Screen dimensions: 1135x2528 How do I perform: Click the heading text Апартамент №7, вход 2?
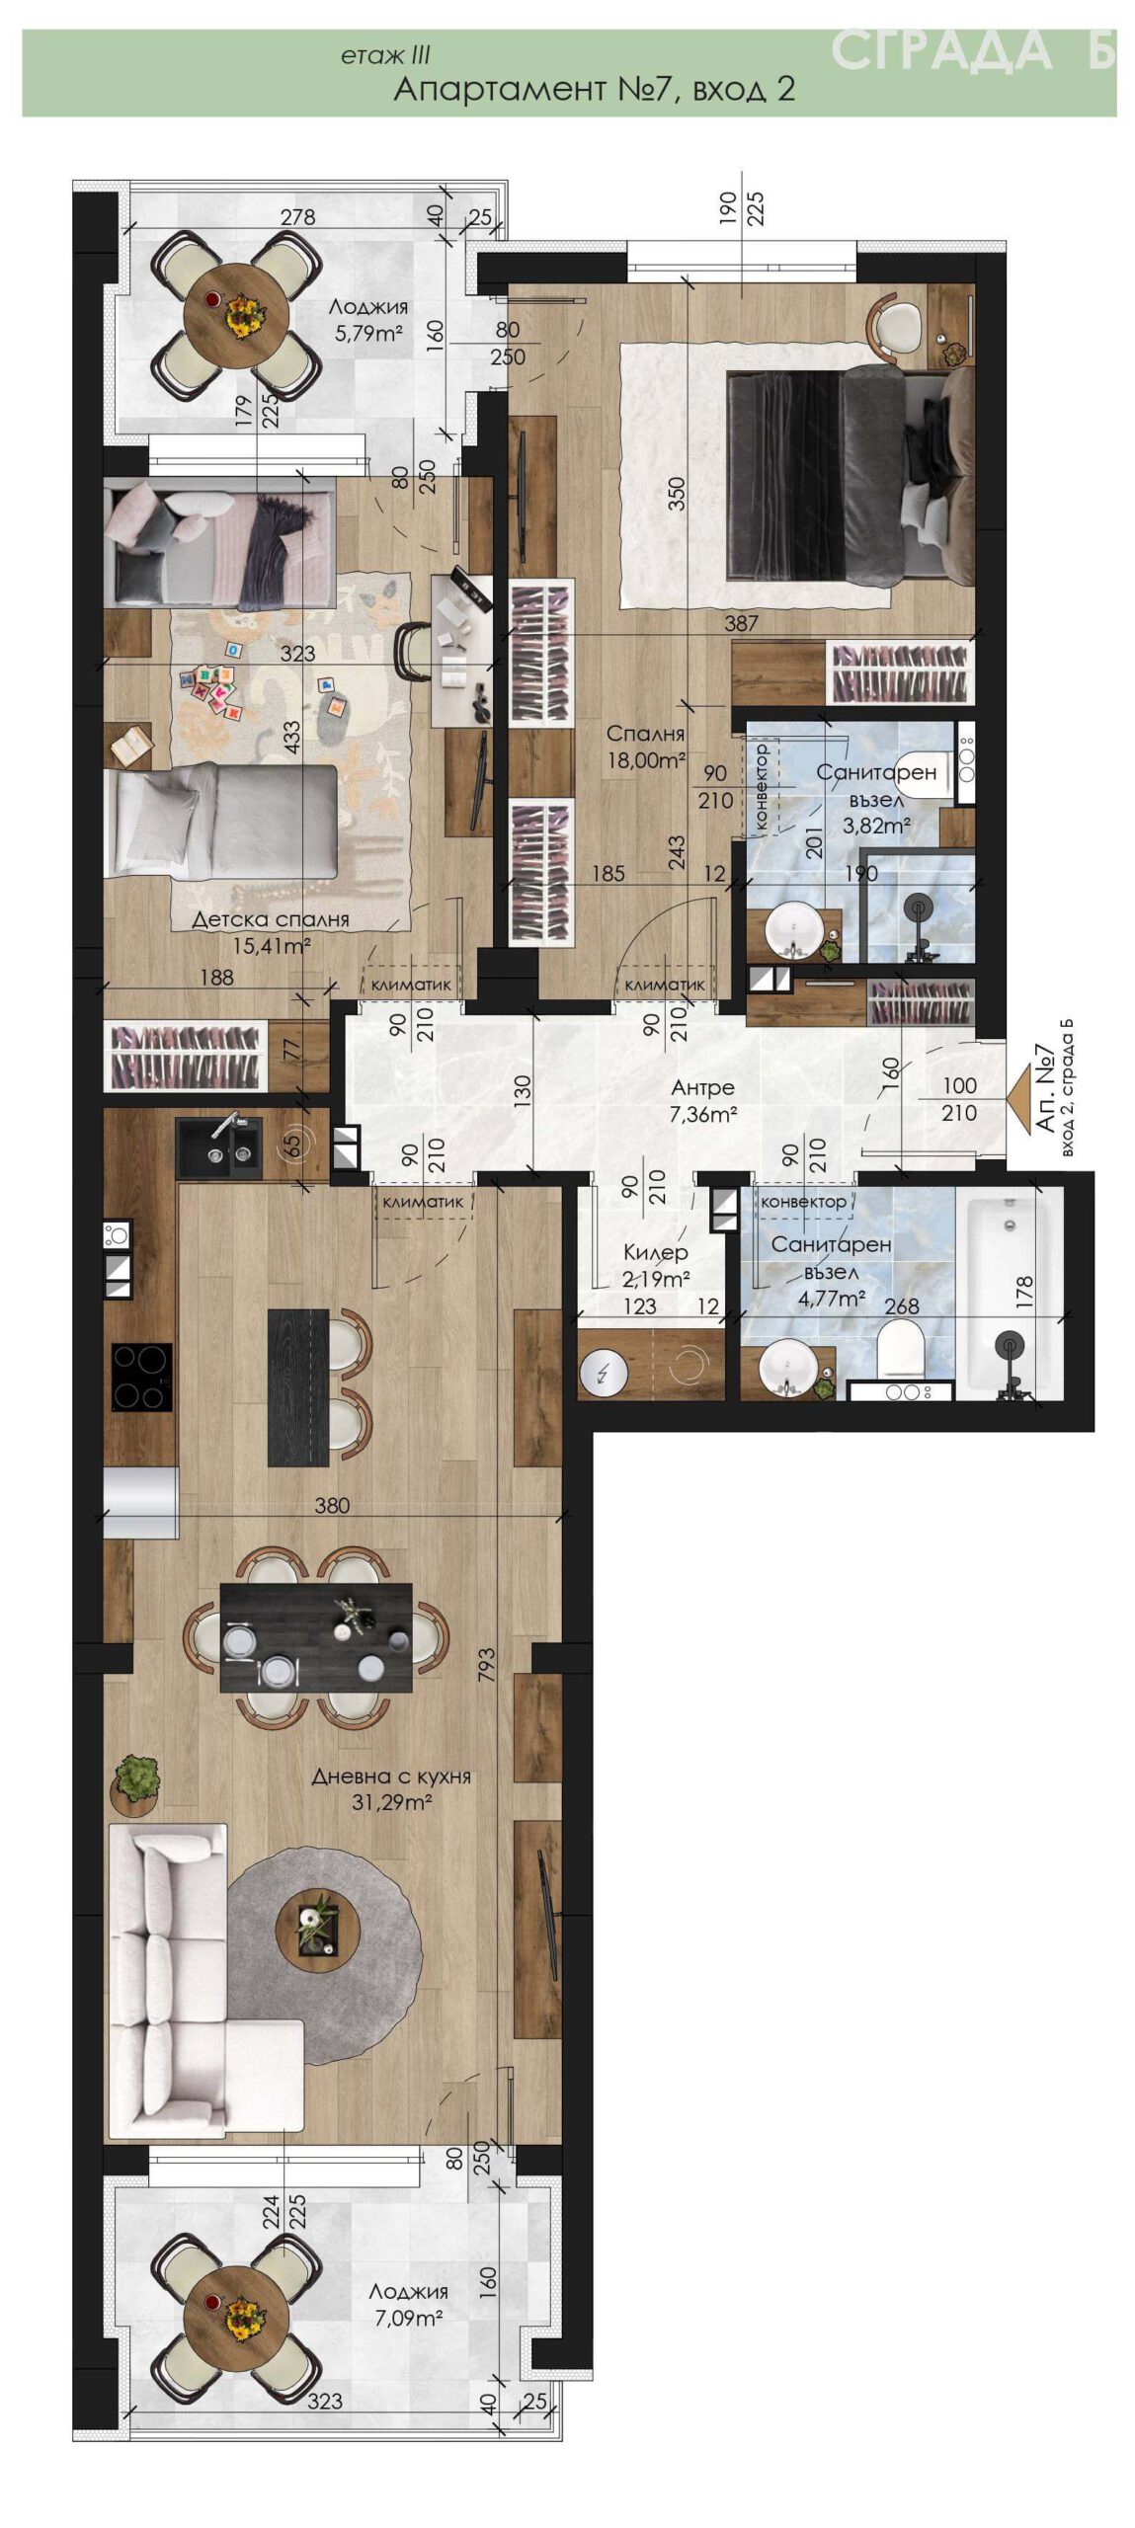pos(594,89)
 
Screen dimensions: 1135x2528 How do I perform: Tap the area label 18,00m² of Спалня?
pos(647,760)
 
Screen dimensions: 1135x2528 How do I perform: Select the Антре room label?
pos(702,1087)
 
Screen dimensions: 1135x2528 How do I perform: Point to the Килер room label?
pos(655,1252)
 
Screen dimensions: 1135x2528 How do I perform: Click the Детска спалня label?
pos(271,919)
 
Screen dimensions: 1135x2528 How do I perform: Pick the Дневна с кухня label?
pos(391,1776)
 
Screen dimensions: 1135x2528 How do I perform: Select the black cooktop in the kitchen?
pos(141,1376)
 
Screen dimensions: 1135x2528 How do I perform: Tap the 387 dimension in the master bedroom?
pos(741,623)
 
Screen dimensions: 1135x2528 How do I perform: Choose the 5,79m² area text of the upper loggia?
pos(368,333)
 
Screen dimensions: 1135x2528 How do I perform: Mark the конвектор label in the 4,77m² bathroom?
pos(803,1202)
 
